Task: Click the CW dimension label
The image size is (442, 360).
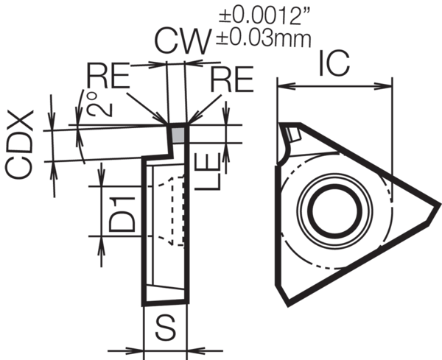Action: (x=182, y=42)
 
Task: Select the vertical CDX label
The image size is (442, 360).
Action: (x=21, y=144)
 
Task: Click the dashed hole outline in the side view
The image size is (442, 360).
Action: (x=175, y=210)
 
